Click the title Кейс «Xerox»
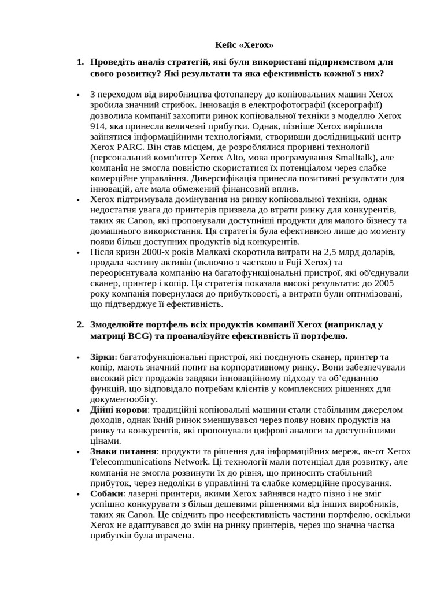(244, 44)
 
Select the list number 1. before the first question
(80, 62)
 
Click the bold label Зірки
(103, 357)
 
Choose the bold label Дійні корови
(119, 409)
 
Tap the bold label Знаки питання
(123, 451)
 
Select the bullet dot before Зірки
(77, 358)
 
